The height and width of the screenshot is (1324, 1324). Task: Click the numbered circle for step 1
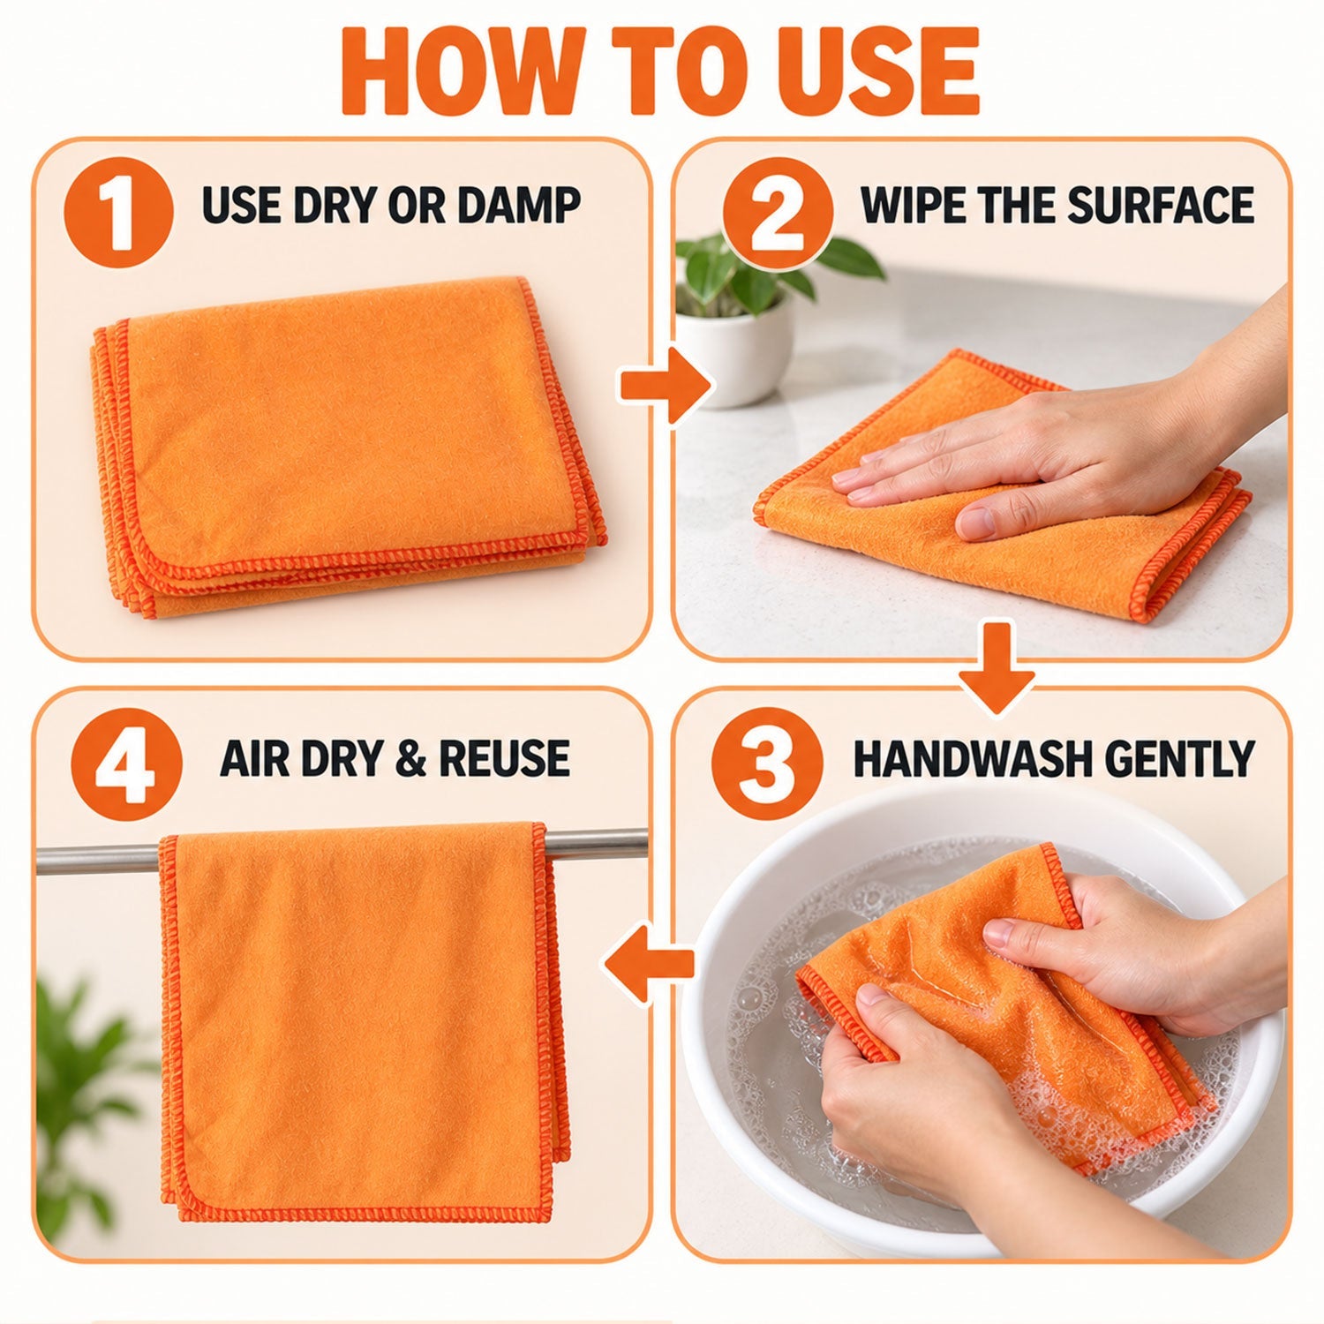pos(119,211)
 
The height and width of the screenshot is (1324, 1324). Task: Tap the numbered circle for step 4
pos(126,764)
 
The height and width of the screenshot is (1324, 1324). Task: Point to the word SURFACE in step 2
pos(1160,204)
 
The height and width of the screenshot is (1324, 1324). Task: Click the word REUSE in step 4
pos(504,758)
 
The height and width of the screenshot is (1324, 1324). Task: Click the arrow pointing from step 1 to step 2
pos(666,386)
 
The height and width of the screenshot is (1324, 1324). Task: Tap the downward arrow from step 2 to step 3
pos(997,666)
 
